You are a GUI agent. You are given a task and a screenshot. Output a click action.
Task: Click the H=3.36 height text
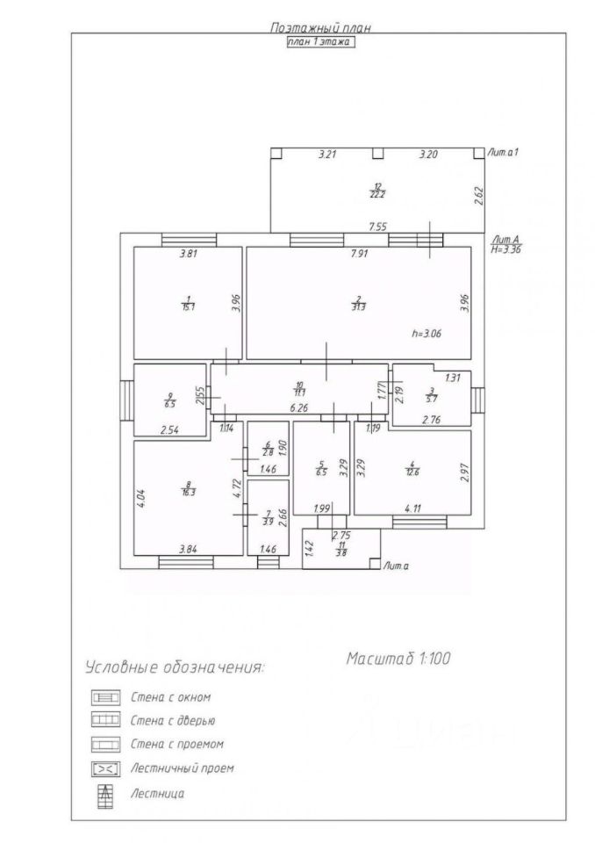(x=508, y=249)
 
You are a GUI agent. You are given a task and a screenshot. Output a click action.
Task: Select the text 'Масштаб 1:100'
(x=398, y=658)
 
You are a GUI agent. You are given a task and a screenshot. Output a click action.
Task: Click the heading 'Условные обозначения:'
(x=174, y=668)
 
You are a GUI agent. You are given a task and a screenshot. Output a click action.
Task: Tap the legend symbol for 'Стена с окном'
(x=105, y=697)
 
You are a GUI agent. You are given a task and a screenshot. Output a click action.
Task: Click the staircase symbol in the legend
(x=105, y=794)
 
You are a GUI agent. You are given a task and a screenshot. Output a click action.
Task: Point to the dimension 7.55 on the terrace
(x=378, y=227)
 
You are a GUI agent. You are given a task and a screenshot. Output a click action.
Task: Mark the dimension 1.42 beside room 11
(x=309, y=550)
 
